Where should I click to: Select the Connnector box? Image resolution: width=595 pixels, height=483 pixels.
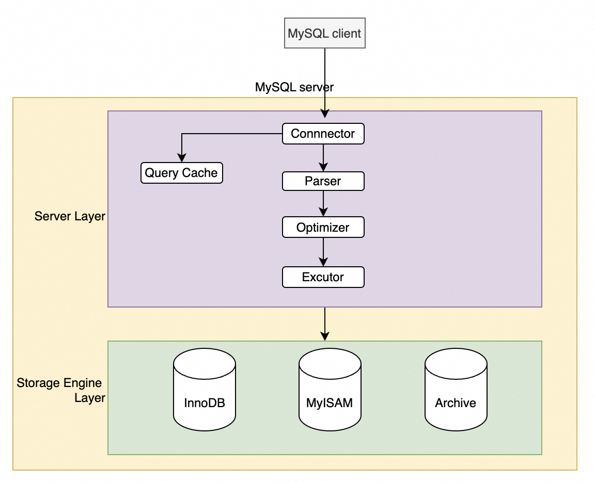click(x=323, y=134)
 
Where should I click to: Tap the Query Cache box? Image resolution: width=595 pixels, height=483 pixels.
click(x=181, y=173)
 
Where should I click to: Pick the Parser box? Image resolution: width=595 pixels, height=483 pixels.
click(x=323, y=181)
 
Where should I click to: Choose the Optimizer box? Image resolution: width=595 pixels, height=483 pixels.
click(x=323, y=228)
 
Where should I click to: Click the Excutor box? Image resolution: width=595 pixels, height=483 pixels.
click(x=323, y=277)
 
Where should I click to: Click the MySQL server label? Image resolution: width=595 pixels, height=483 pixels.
click(x=294, y=87)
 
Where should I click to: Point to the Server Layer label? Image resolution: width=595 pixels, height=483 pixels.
click(x=70, y=216)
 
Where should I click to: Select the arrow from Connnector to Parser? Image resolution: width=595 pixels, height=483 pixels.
click(x=323, y=157)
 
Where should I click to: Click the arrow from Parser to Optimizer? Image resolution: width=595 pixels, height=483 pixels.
click(x=323, y=204)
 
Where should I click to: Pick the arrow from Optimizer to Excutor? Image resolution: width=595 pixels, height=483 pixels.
click(x=323, y=252)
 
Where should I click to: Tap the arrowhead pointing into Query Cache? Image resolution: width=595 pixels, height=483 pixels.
click(x=181, y=158)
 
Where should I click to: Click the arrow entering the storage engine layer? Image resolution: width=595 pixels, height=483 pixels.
click(x=324, y=324)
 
